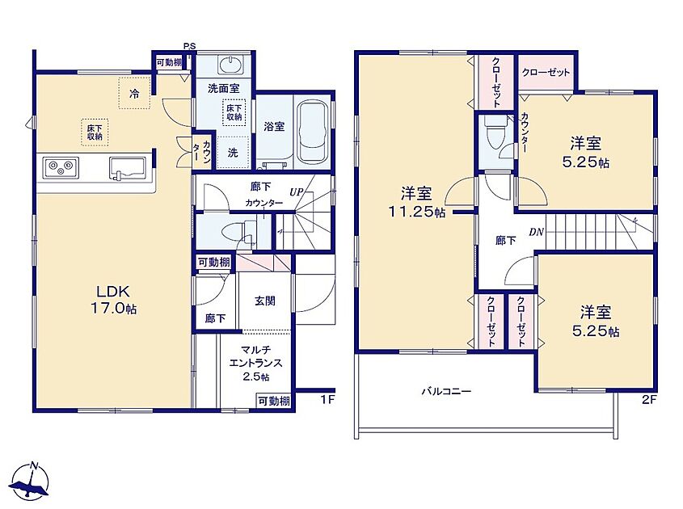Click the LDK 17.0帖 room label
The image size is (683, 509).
[x=113, y=300]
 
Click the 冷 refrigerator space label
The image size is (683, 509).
[x=135, y=93]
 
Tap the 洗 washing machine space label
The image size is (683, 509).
[x=233, y=153]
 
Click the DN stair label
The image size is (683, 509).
[x=537, y=232]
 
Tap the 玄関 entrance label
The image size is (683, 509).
[x=265, y=301]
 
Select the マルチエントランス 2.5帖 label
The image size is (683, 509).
[x=255, y=363]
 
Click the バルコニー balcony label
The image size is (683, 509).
[x=446, y=391]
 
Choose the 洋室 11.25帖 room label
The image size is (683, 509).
[x=416, y=202]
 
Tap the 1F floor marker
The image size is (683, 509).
[x=327, y=399]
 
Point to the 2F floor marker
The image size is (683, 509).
[x=648, y=399]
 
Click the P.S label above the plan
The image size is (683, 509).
[x=189, y=46]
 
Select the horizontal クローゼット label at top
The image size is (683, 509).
[x=546, y=72]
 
